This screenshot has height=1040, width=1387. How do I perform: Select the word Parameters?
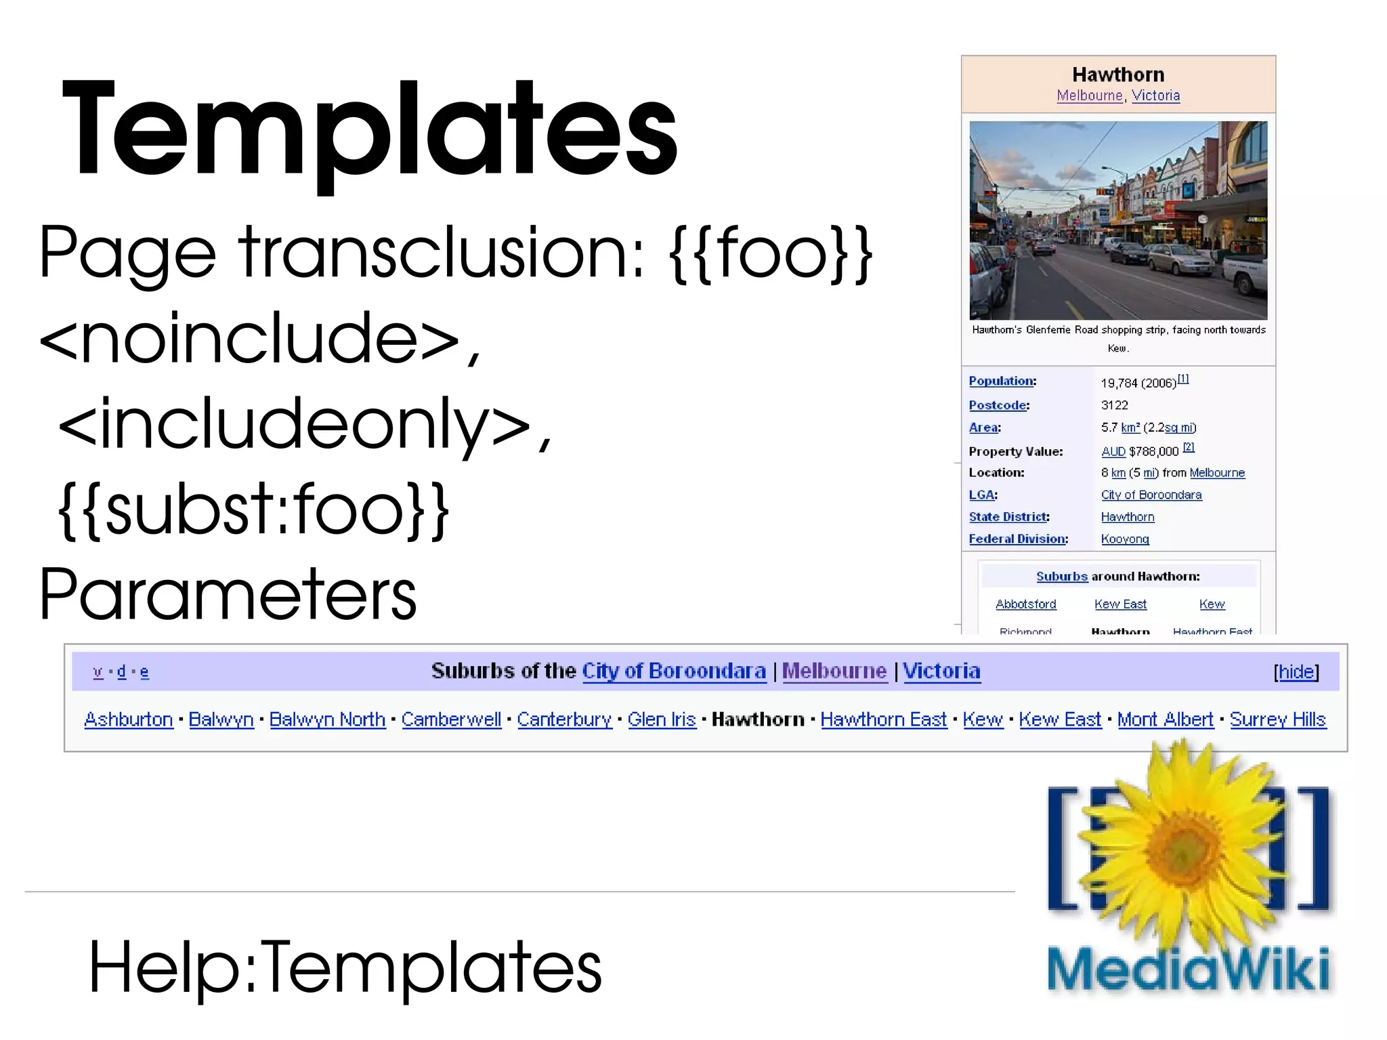pyautogui.click(x=228, y=594)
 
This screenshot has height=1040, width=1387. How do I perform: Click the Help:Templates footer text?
pyautogui.click(x=345, y=967)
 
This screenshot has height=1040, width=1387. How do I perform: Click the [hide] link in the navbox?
pyautogui.click(x=1296, y=671)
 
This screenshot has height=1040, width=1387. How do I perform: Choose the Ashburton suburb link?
pyautogui.click(x=129, y=720)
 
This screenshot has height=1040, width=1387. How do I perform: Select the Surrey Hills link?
pyautogui.click(x=1277, y=720)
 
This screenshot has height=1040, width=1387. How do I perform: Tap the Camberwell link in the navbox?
pyautogui.click(x=451, y=720)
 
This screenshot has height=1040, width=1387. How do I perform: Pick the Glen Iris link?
pyautogui.click(x=662, y=720)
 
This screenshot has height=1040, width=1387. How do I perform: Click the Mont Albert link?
pyautogui.click(x=1165, y=720)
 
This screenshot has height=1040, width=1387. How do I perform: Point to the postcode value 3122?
pyautogui.click(x=1115, y=405)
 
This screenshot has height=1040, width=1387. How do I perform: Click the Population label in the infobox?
pyautogui.click(x=1001, y=381)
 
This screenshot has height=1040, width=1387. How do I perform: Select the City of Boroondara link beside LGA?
pyautogui.click(x=1151, y=495)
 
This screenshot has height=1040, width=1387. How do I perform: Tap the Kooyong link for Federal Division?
pyautogui.click(x=1125, y=539)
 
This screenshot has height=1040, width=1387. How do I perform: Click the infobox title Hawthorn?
pyautogui.click(x=1118, y=75)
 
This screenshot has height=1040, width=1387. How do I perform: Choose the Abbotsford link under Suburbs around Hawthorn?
pyautogui.click(x=1025, y=604)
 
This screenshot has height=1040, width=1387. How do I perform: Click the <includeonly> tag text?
pyautogui.click(x=305, y=425)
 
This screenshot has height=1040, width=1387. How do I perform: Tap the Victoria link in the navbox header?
pyautogui.click(x=941, y=671)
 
